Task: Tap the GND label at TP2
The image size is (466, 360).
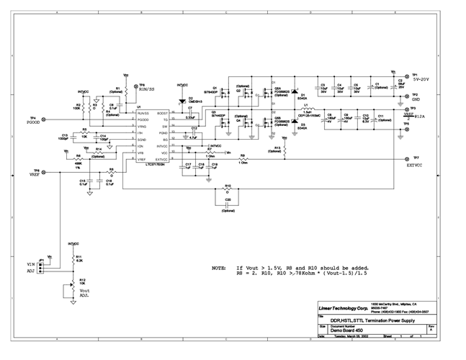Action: pos(417,99)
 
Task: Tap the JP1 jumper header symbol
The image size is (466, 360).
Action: pos(41,266)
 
